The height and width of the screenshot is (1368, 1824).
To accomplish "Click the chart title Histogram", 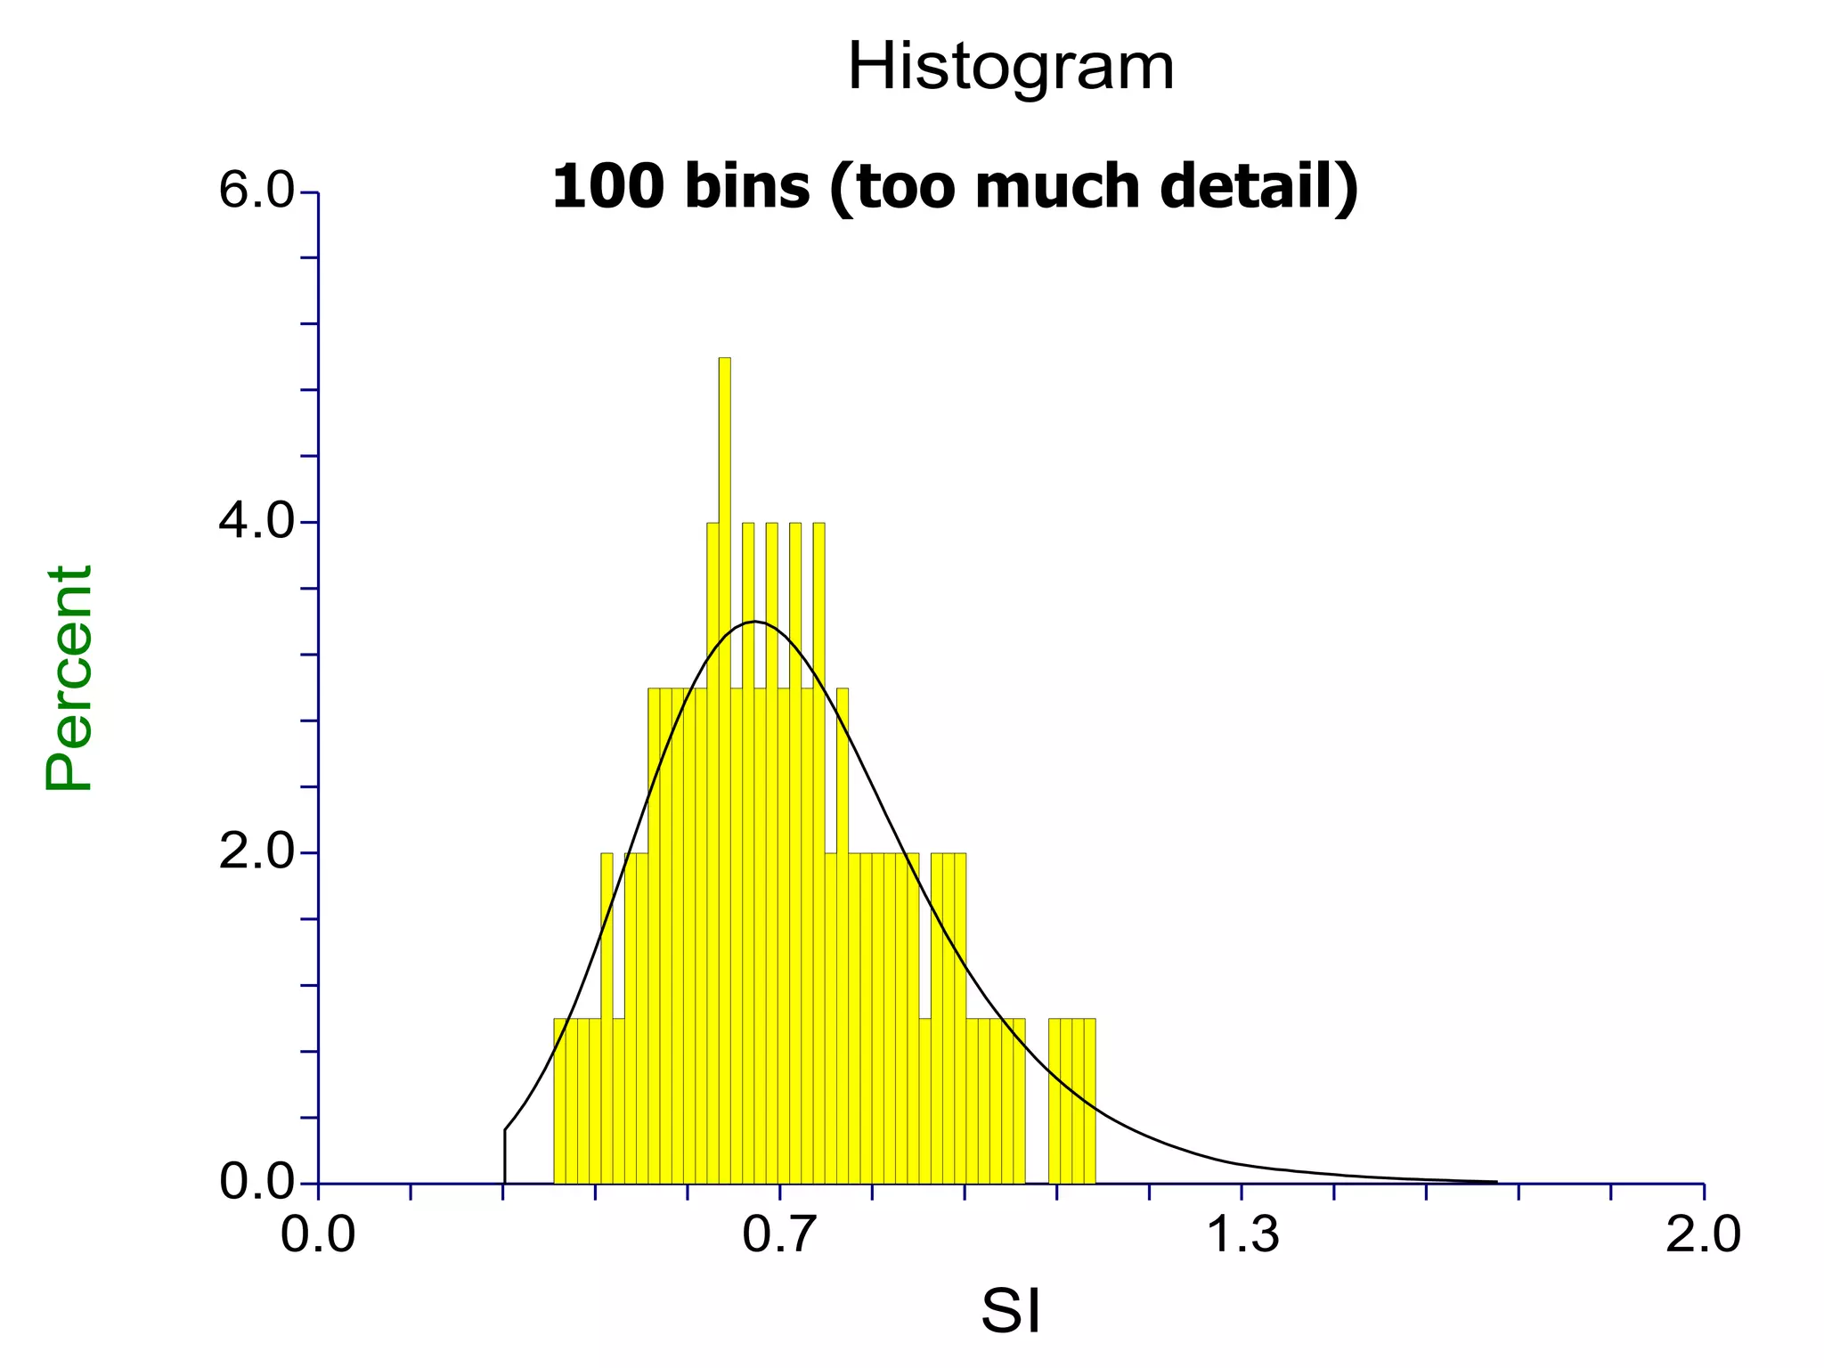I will point(1011,68).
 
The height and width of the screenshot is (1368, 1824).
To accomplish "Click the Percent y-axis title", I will point(69,678).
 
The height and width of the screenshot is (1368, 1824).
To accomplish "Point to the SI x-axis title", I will point(1011,1310).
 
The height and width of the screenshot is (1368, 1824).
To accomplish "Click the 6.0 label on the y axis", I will point(256,191).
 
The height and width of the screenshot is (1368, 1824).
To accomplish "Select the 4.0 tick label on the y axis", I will point(256,522).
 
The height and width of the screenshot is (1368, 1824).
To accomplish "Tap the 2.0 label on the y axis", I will point(256,852).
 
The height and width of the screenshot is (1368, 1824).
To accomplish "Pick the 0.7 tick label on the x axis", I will point(779,1235).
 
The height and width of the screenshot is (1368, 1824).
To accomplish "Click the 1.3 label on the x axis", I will point(1242,1235).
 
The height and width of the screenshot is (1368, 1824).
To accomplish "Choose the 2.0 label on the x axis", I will point(1703,1235).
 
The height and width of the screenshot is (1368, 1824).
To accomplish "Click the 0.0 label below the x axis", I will point(318,1235).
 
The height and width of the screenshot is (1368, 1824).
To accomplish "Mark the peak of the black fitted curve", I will point(755,621).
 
